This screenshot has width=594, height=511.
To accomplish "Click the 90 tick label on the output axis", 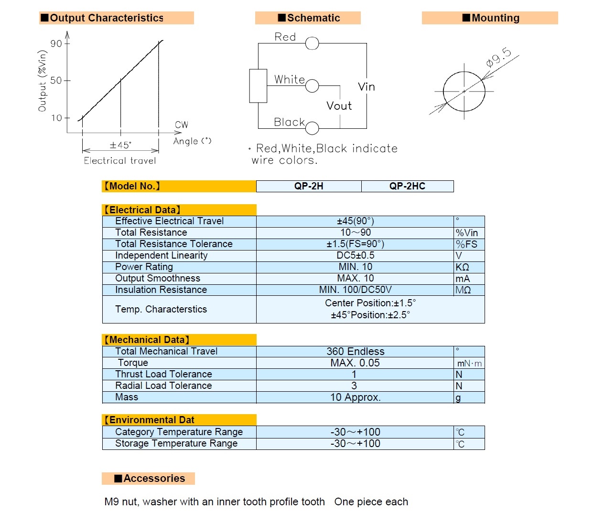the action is tap(56, 43).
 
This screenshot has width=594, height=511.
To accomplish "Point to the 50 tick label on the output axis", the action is tap(56, 80).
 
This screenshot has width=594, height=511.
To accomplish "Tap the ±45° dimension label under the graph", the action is tap(121, 145).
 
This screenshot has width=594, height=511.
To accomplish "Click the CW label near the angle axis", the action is tap(181, 125).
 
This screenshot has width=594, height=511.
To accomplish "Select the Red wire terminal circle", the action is tap(312, 43).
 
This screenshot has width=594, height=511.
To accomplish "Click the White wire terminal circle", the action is tap(312, 86).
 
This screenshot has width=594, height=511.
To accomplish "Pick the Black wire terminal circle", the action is tap(312, 128).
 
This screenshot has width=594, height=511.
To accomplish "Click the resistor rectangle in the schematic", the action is tap(258, 86).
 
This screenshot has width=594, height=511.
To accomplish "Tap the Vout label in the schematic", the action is tap(339, 106).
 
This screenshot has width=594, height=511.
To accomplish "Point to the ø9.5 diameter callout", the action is tap(498, 57).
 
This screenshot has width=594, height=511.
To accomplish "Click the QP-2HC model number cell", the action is tap(407, 186).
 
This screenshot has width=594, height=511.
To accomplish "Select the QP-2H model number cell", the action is tap(309, 186).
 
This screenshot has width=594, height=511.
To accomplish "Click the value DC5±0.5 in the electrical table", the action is tap(356, 255).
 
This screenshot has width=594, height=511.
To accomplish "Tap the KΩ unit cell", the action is tap(469, 267).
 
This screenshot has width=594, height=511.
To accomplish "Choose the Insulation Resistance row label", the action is tap(161, 290).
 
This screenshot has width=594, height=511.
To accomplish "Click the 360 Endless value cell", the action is tap(355, 352).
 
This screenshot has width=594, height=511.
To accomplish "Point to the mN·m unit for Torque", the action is tap(469, 364).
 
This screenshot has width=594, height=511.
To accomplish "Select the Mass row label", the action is tap(127, 397).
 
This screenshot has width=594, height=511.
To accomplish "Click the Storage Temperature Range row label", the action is tap(176, 444).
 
